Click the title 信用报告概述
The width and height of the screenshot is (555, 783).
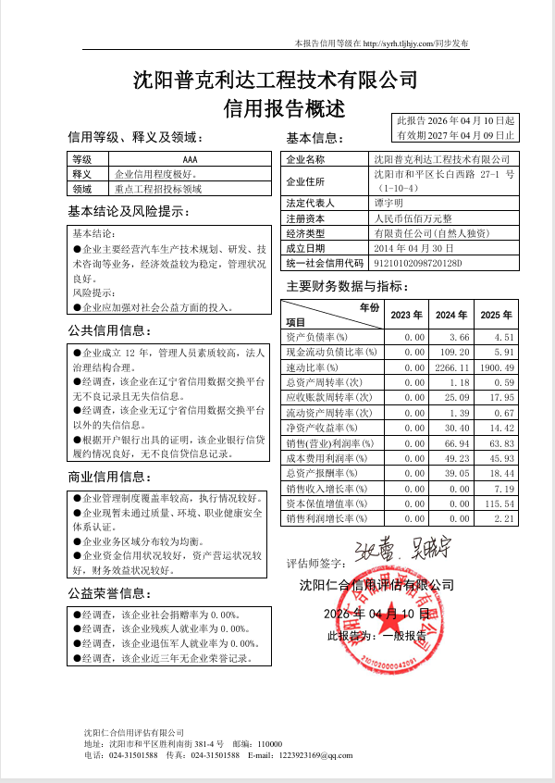284,108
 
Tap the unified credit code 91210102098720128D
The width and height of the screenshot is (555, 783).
417,263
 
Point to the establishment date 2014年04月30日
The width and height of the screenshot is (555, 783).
413,248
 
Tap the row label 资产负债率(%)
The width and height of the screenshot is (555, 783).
316,337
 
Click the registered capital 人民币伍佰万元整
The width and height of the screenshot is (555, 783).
413,218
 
